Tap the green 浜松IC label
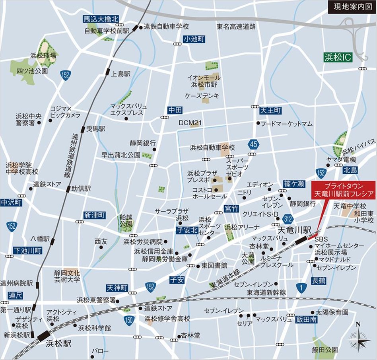pos(338,57)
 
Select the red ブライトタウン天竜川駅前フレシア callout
pos(343,190)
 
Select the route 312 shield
pos(288,218)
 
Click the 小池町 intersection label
pos(194,39)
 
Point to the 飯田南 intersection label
pos(306,319)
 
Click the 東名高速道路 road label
pos(236,27)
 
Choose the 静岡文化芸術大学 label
pos(67,276)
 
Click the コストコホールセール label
pos(210,193)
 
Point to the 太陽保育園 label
pos(332,312)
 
